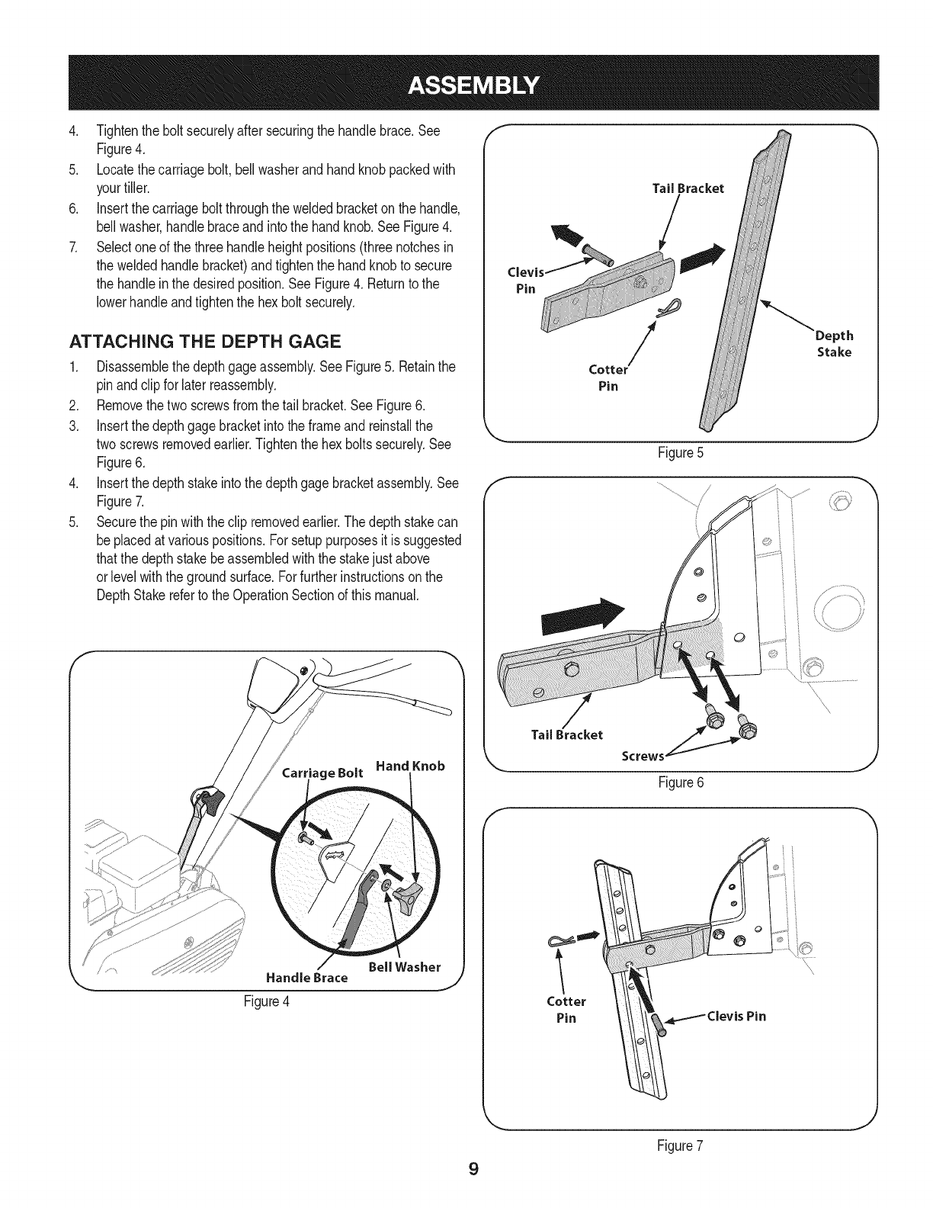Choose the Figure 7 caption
point(680,1143)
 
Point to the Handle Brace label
point(306,977)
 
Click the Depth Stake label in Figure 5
point(835,344)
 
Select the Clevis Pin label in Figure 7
point(736,1016)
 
